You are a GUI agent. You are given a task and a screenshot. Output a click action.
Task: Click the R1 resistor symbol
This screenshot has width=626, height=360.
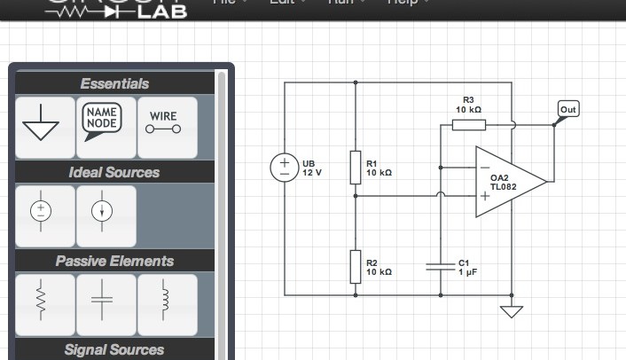coord(356,167)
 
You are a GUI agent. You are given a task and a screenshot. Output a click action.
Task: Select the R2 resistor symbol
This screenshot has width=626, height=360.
coord(356,265)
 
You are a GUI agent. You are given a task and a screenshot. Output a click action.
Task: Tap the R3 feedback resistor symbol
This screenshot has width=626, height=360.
coord(468,125)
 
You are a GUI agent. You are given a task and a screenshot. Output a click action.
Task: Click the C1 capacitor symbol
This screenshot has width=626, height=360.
coord(441,265)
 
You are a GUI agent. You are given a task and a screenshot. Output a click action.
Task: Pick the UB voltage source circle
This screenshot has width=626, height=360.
coord(285,168)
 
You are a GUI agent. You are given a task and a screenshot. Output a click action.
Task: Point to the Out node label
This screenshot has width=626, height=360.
coord(567,110)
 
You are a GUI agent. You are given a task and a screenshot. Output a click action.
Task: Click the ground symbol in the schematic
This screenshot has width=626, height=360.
coord(512,311)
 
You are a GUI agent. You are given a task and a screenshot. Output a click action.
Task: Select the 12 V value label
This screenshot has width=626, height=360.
coord(312,173)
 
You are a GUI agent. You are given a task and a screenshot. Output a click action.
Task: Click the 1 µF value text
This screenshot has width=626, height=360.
coord(467,272)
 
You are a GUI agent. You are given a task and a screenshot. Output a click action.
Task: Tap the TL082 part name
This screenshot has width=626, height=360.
coord(503,187)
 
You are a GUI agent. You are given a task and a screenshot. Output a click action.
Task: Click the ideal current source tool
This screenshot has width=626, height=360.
coord(106,215)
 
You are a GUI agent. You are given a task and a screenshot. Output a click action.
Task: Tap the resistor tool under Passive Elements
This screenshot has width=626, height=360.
coord(44,304)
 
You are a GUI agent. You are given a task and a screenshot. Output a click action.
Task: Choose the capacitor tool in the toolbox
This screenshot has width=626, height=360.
coord(106,304)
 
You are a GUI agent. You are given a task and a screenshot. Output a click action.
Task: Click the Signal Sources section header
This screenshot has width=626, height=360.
coord(114,349)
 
